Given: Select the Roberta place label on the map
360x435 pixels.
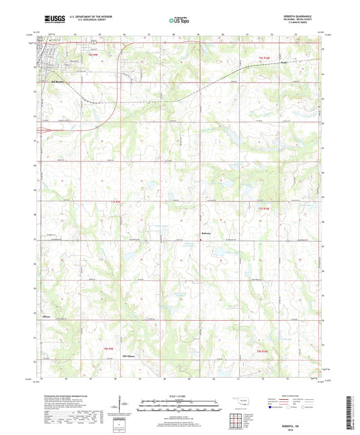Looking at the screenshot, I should (207, 234).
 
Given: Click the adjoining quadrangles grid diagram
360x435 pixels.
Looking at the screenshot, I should (238, 418).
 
